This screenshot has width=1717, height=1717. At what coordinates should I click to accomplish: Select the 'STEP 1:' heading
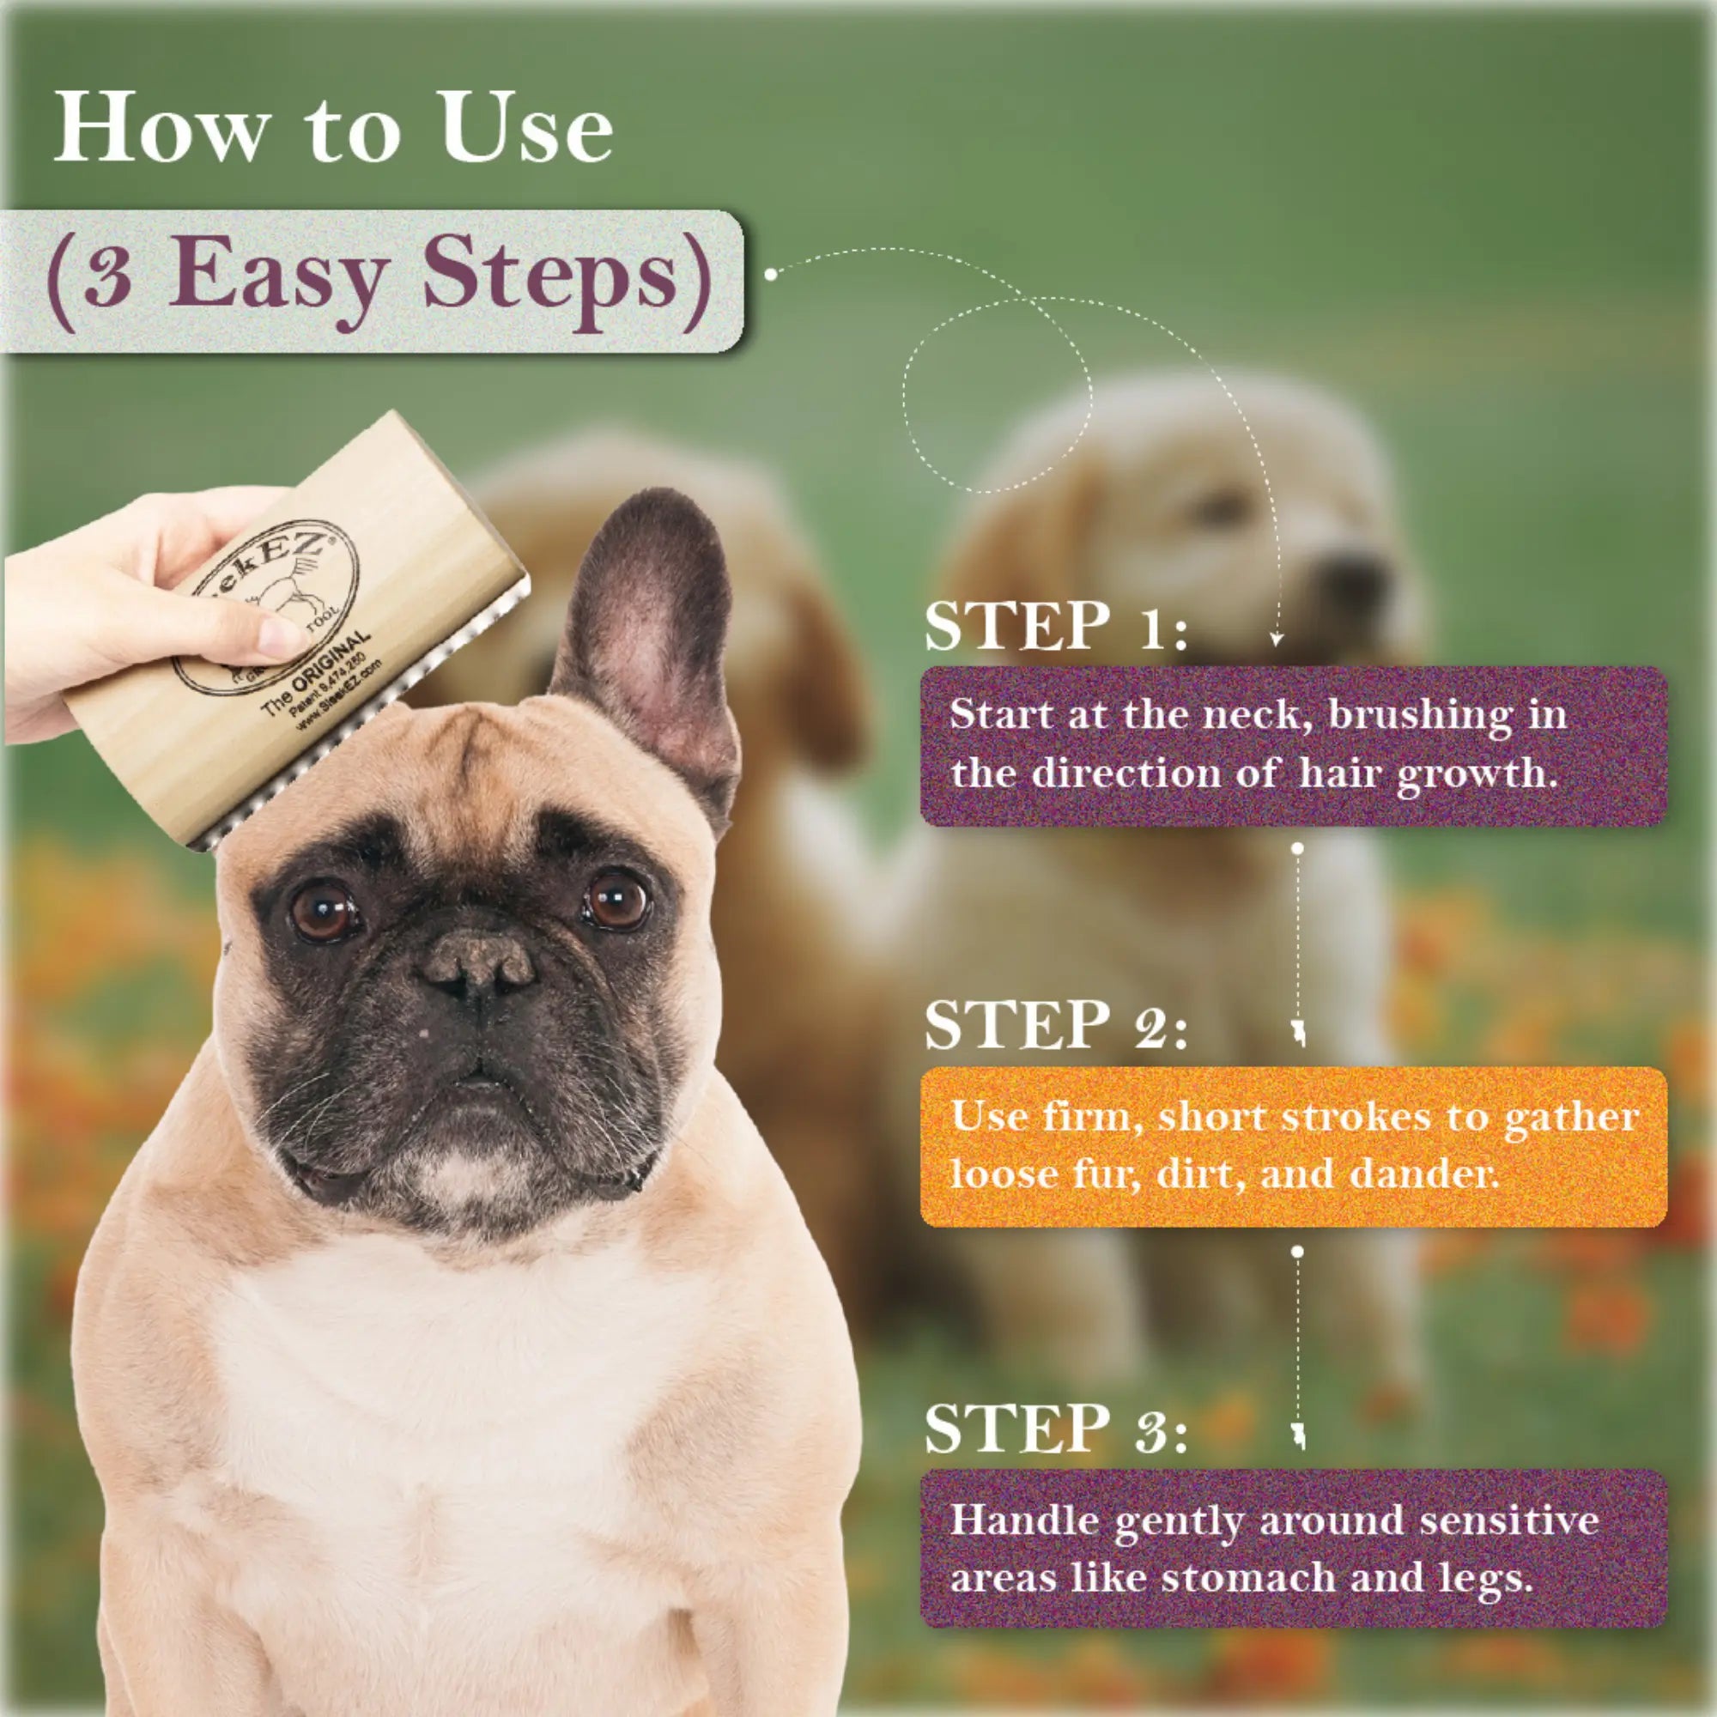[1056, 627]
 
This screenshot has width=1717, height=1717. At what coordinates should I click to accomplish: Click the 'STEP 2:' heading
[1056, 1025]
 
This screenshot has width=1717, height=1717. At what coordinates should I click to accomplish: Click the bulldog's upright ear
[649, 640]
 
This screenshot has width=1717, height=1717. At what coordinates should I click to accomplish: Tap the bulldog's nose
[477, 964]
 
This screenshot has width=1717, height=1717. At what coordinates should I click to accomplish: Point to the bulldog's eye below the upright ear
[616, 900]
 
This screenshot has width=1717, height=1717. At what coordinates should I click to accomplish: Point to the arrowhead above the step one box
[1277, 638]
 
